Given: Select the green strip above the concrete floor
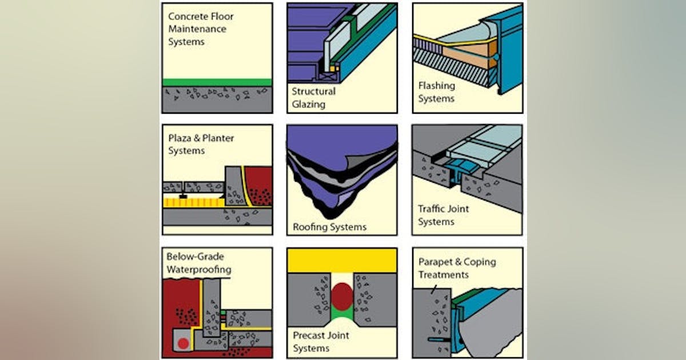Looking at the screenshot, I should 217,82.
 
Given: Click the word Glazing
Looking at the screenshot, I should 309,104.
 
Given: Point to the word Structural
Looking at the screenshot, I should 314,91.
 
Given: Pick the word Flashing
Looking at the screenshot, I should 436,86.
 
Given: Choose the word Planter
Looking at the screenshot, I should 218,138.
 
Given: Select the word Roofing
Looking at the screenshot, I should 310,227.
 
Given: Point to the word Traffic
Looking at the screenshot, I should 434,209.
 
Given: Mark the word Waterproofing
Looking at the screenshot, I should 199,269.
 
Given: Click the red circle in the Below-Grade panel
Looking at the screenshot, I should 183,343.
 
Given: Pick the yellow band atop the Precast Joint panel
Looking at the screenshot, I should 342,261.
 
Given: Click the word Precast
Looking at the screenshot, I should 310,335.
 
